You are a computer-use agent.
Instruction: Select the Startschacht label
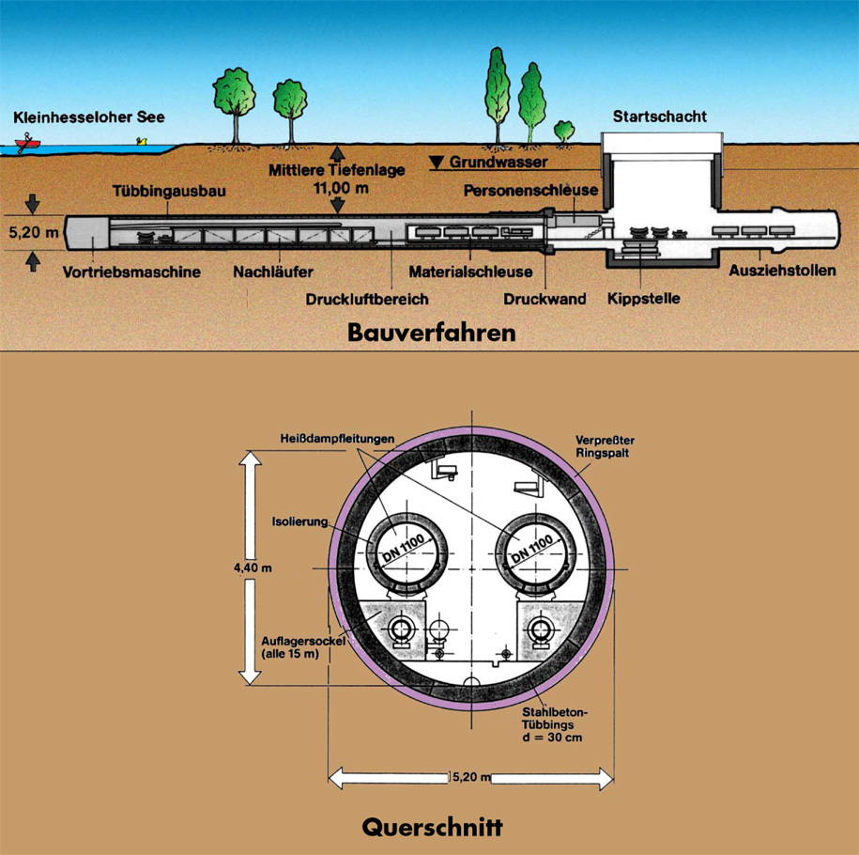(659, 117)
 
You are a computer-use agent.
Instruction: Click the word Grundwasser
(498, 162)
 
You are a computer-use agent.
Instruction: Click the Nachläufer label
(273, 272)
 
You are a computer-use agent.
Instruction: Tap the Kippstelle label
(643, 300)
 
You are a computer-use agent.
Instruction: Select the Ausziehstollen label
(783, 272)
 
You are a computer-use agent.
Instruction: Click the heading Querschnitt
(432, 829)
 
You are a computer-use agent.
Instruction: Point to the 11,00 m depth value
(345, 188)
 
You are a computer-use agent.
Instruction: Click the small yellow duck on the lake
(143, 141)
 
